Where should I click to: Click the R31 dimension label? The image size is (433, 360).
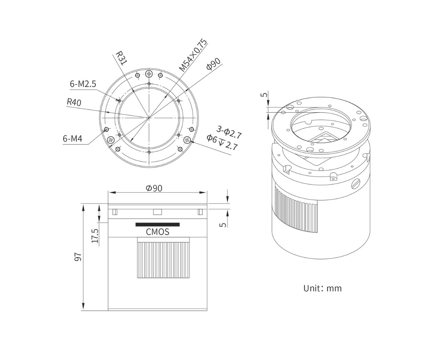coord(121,58)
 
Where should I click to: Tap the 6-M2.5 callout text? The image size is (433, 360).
coord(83,84)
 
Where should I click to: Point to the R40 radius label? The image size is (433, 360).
coord(74,102)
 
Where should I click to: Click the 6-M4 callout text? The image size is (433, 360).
coord(73,139)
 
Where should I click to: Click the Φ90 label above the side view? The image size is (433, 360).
coord(154,188)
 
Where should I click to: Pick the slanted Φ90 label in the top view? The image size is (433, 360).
coord(213,64)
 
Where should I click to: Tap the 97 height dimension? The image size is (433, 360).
coord(78,257)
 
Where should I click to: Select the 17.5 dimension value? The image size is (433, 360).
coord(95,236)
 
